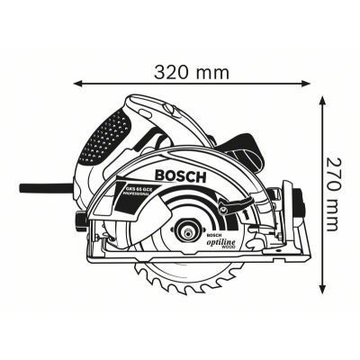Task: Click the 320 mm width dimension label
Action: click(x=192, y=71)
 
